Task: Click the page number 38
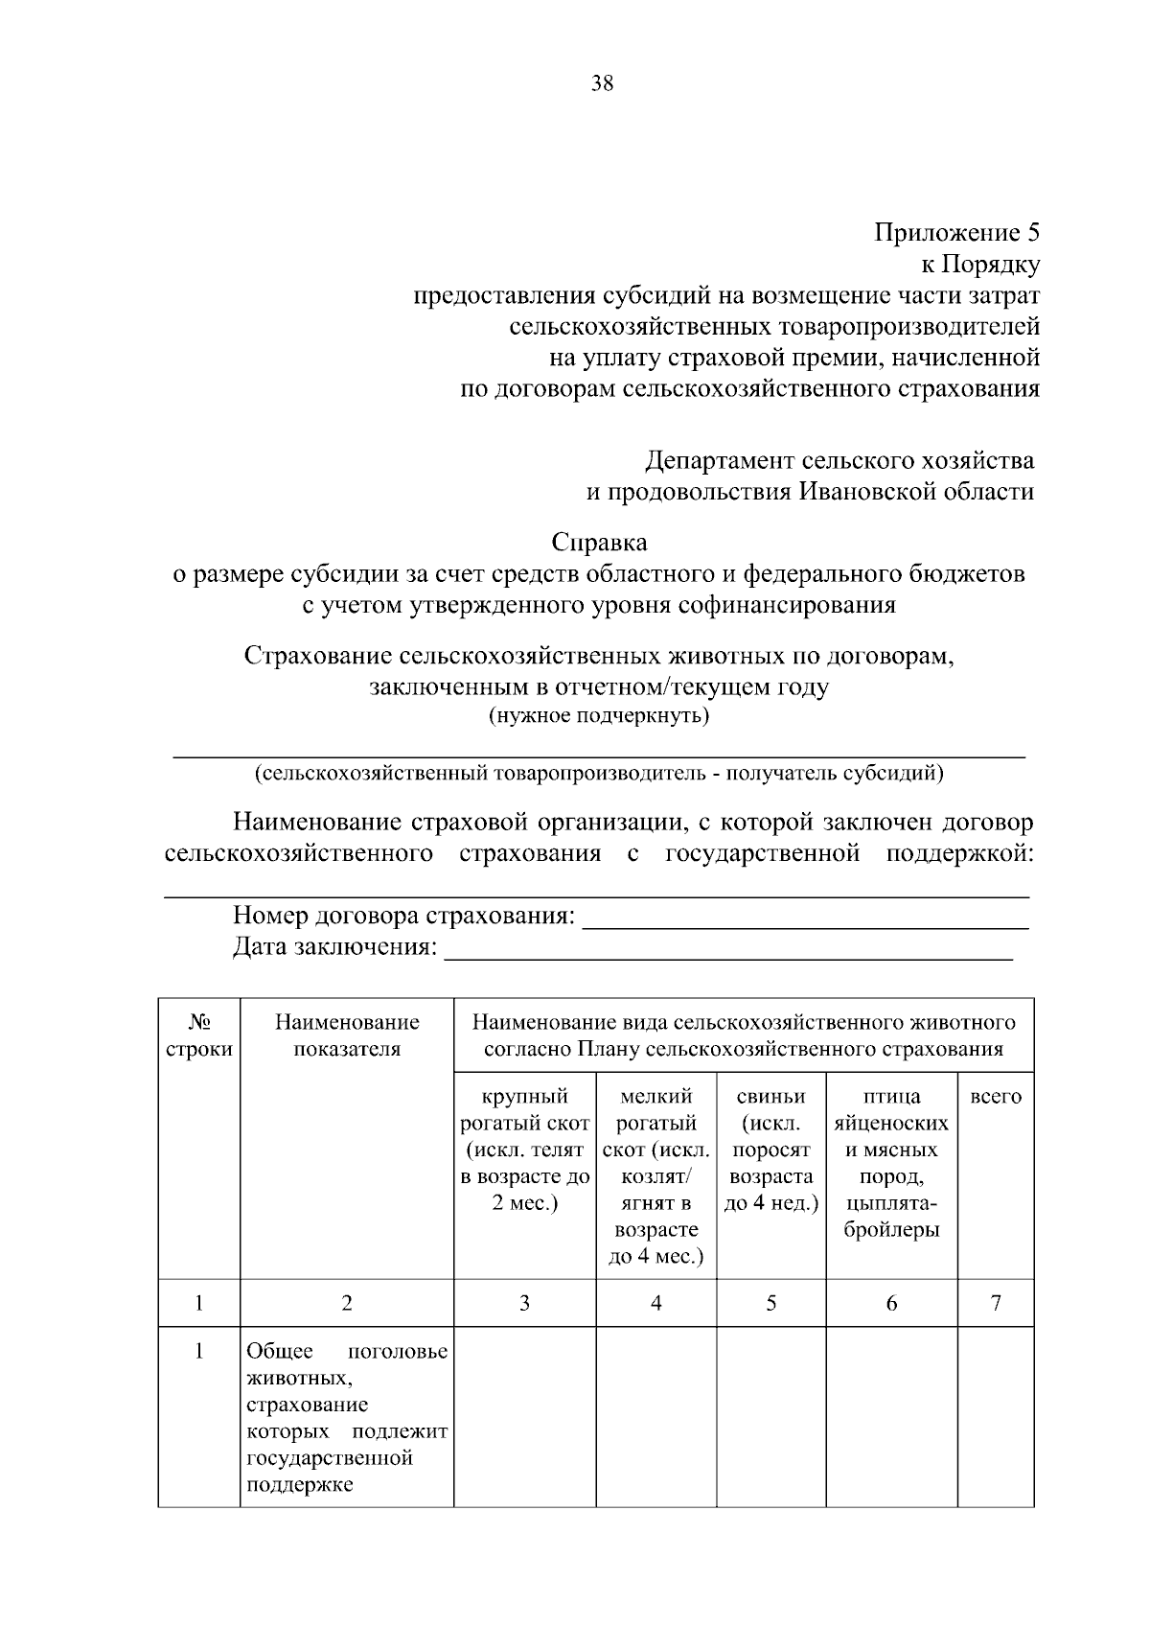[x=602, y=83]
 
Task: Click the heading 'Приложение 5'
[x=955, y=233]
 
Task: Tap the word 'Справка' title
[x=599, y=543]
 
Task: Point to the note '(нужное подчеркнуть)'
[x=599, y=716]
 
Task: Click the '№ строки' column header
[x=198, y=1035]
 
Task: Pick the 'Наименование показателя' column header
[x=347, y=1035]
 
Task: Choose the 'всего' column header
[x=996, y=1097]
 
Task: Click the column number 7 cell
[x=996, y=1303]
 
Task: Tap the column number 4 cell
[x=655, y=1303]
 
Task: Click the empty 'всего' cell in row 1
[x=996, y=1418]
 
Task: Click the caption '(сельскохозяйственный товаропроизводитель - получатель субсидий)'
[x=599, y=774]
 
